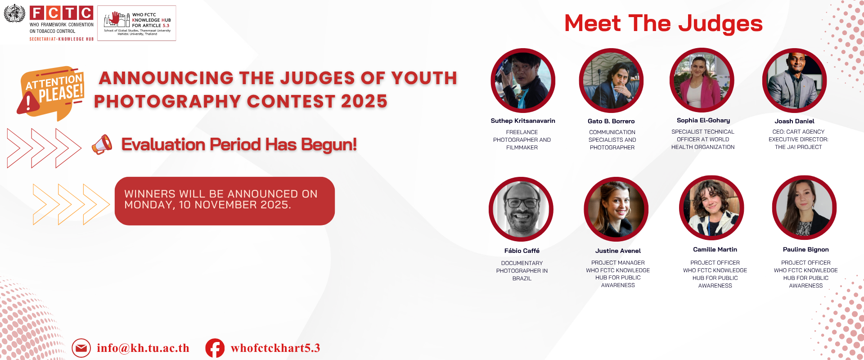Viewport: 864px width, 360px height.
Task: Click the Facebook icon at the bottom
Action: click(215, 348)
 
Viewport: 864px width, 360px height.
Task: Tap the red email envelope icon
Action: click(81, 348)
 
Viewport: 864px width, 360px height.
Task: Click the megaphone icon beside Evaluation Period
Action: click(102, 144)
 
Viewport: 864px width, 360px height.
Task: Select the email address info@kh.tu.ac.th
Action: click(143, 348)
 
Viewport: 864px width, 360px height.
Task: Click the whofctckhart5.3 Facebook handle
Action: click(275, 348)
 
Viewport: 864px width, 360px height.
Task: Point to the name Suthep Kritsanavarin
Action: click(522, 121)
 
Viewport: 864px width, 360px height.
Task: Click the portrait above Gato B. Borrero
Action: click(611, 81)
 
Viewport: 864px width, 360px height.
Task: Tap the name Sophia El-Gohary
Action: click(703, 120)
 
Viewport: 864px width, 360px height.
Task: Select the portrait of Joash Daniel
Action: click(794, 81)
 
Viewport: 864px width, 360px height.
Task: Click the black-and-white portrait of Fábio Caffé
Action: click(521, 209)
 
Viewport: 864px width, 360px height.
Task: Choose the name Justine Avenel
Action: click(618, 251)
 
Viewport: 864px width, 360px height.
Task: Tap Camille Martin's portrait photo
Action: click(711, 208)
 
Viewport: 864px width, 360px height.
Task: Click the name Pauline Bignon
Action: click(805, 249)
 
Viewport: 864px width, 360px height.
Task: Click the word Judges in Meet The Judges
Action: click(720, 23)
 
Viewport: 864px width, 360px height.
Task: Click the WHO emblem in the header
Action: click(14, 13)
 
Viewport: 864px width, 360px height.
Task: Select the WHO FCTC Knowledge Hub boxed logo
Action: click(137, 23)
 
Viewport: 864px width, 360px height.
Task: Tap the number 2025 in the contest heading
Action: click(364, 101)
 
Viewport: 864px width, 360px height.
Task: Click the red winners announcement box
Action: click(225, 201)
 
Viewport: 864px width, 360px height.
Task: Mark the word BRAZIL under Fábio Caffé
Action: click(522, 279)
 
